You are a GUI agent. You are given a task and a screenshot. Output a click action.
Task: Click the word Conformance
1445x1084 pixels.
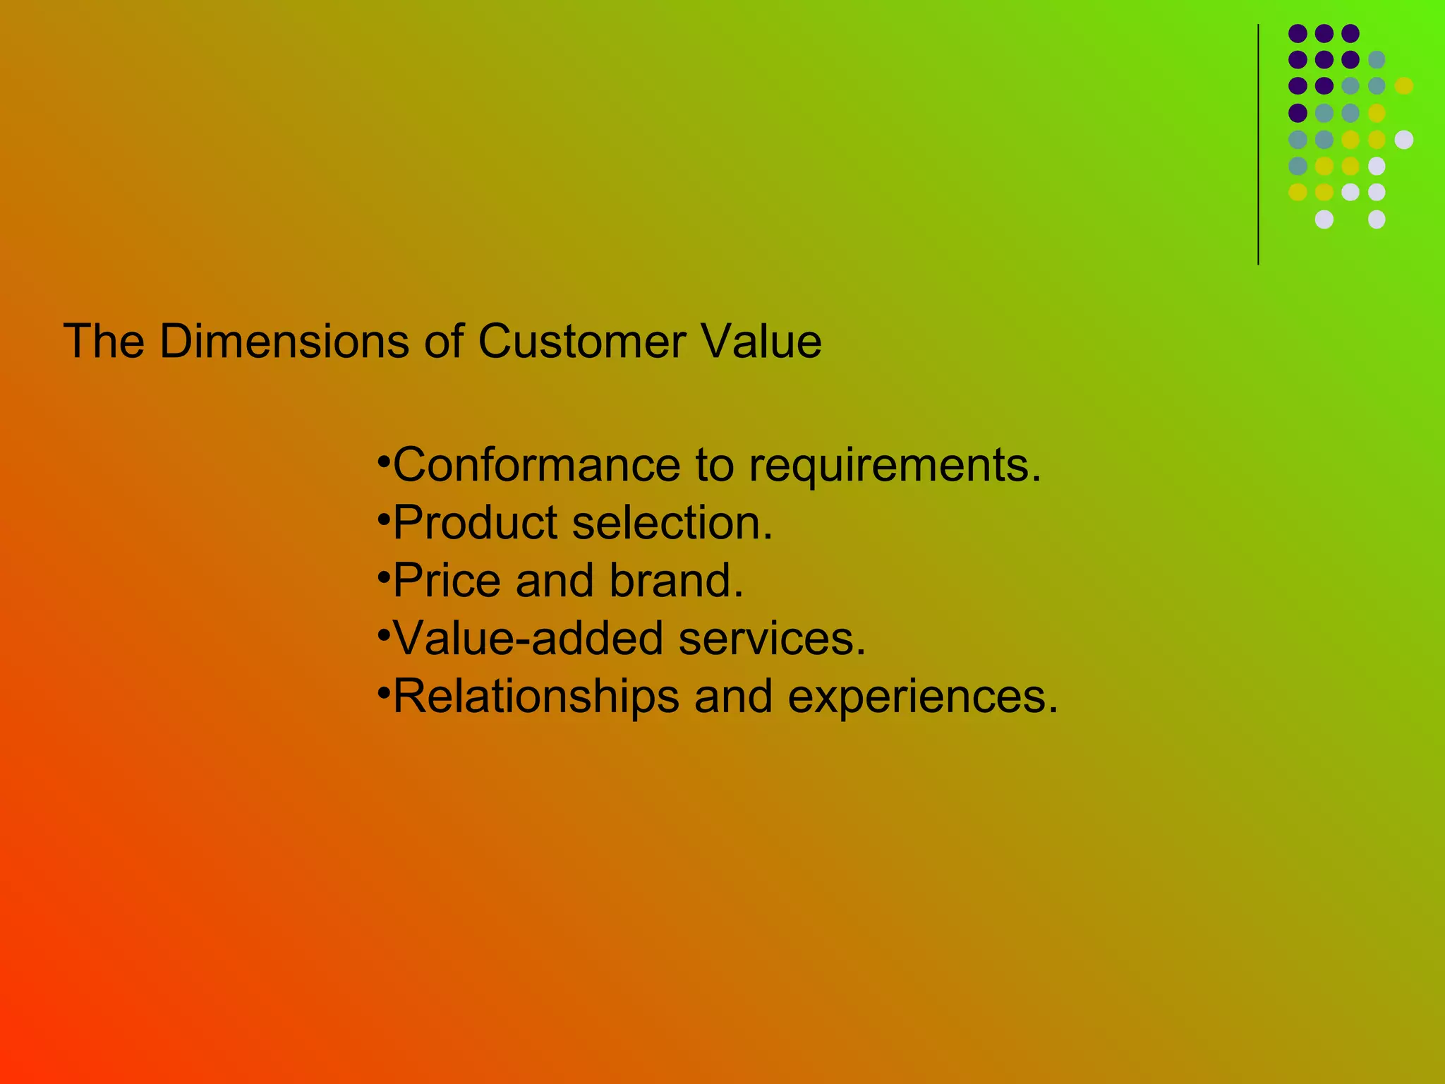537,465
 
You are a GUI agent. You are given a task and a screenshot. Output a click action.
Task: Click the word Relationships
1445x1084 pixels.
536,697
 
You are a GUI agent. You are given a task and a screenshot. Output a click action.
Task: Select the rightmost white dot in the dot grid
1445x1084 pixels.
1404,140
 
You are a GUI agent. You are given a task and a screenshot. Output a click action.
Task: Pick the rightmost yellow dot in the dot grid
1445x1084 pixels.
1404,85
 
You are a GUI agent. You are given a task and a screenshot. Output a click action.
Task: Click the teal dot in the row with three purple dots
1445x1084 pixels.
1377,59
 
